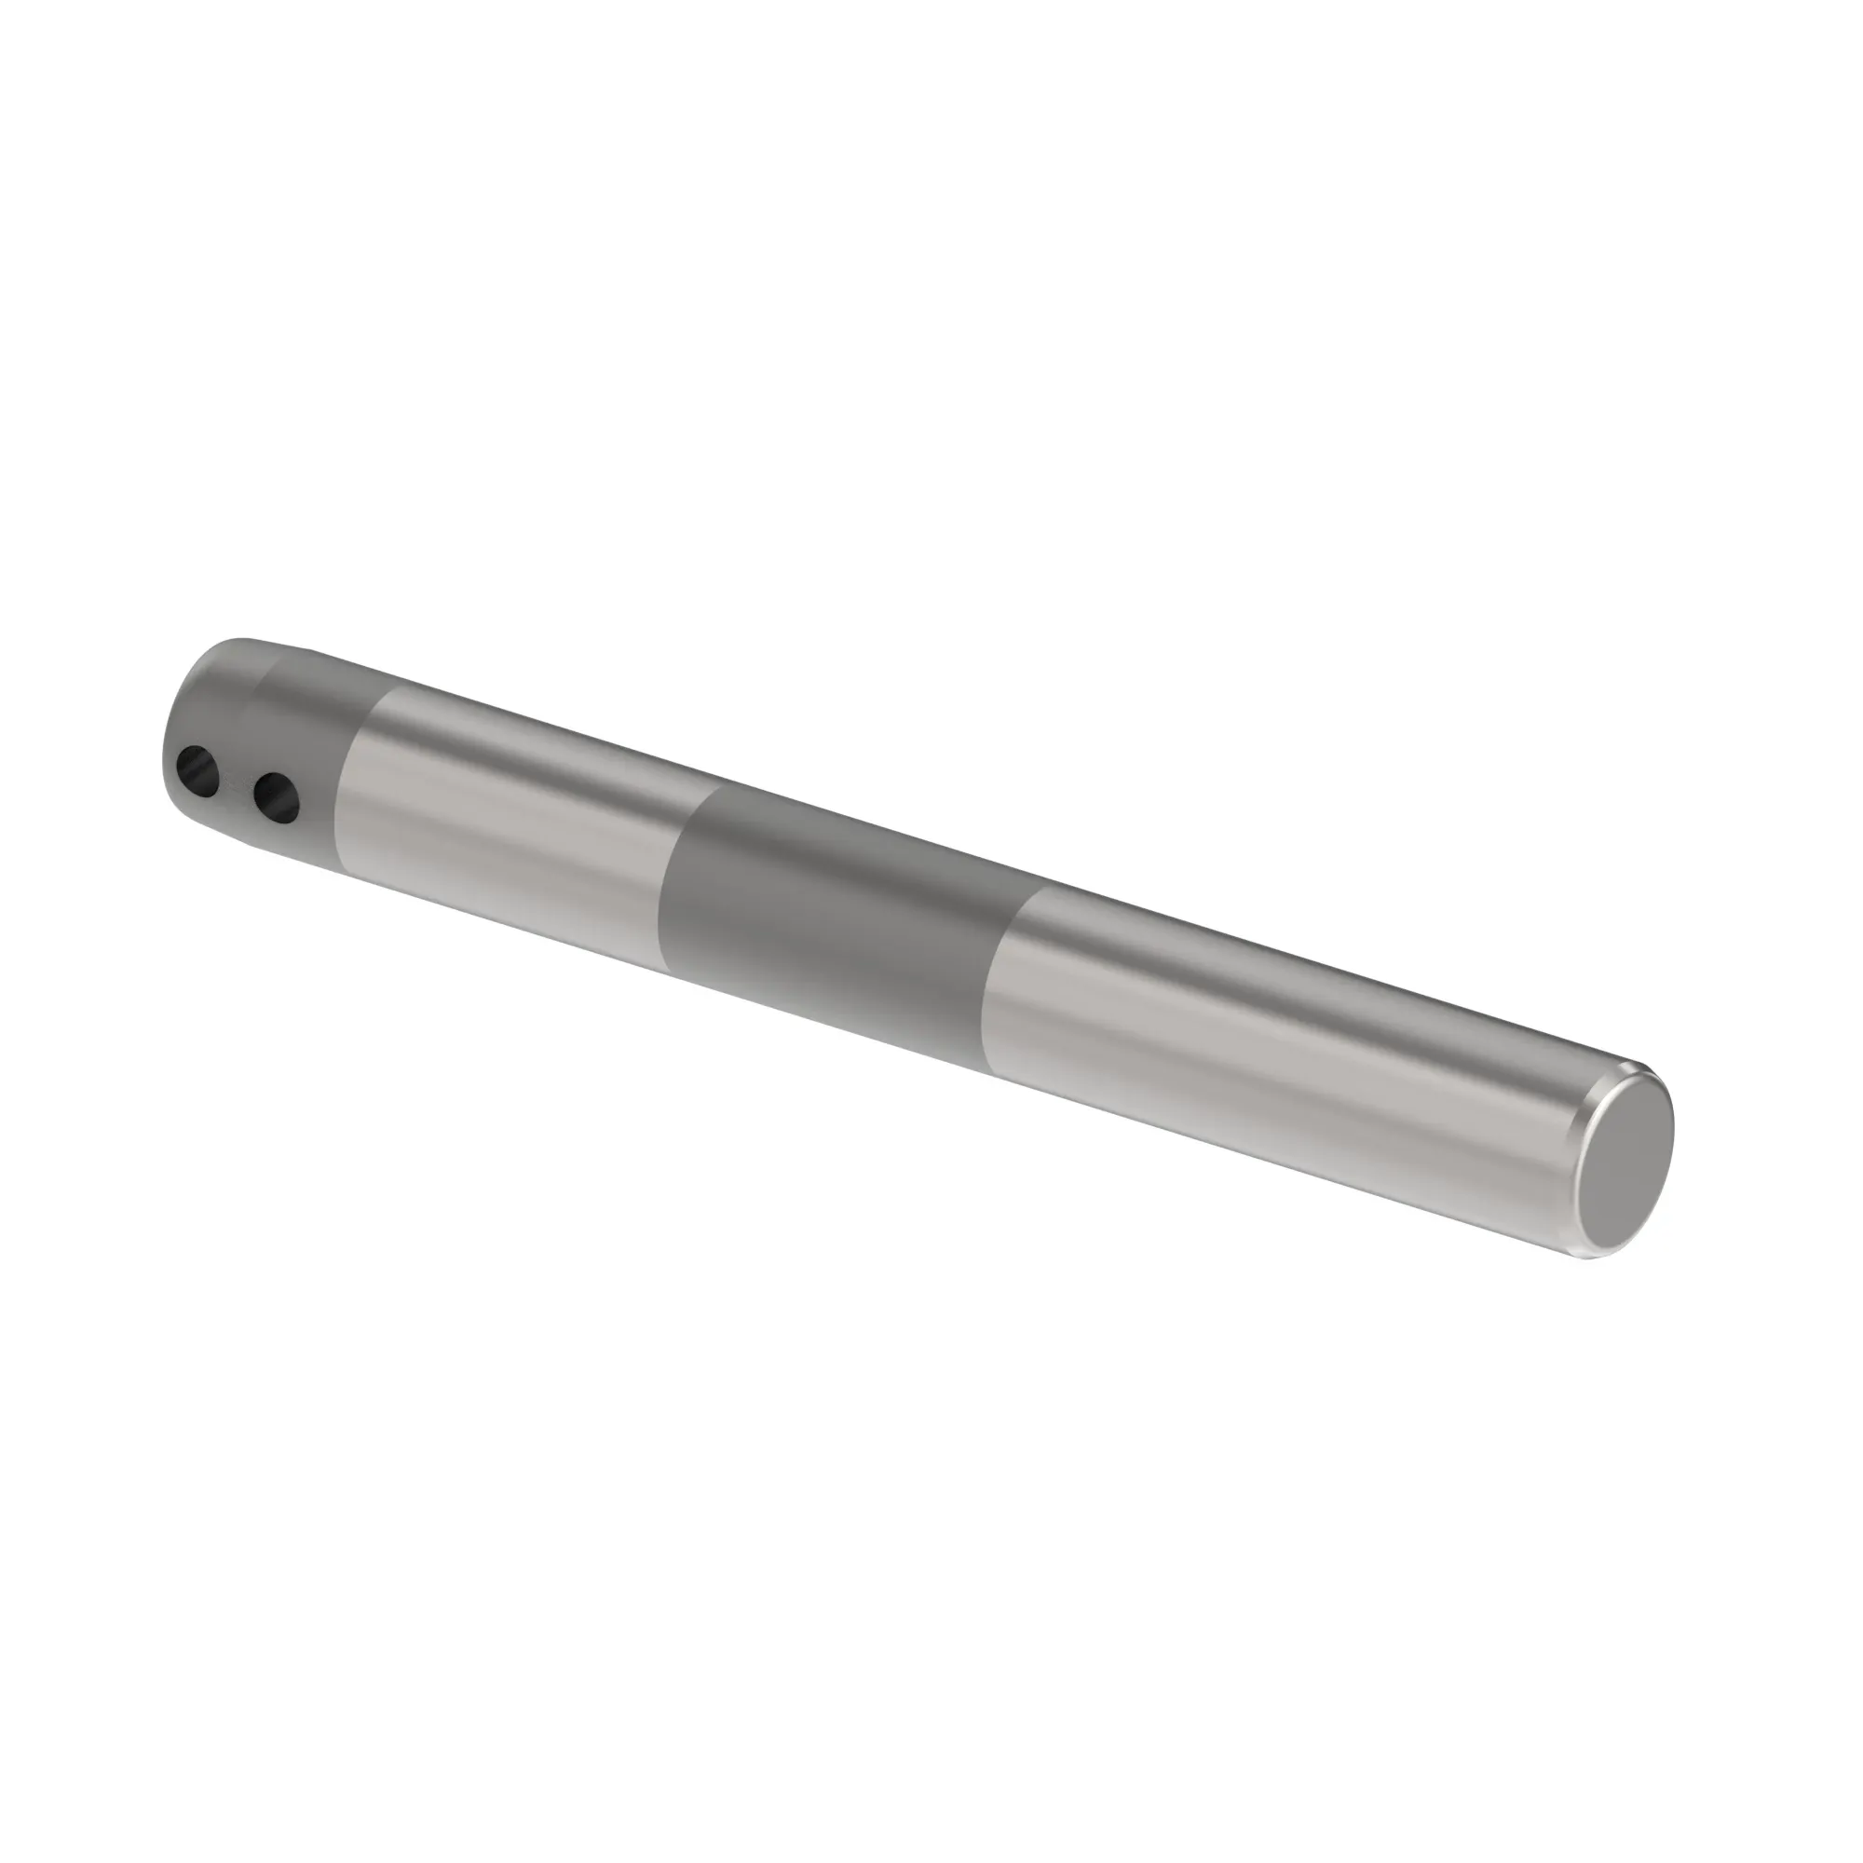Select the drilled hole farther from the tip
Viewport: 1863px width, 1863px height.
(x=276, y=796)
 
